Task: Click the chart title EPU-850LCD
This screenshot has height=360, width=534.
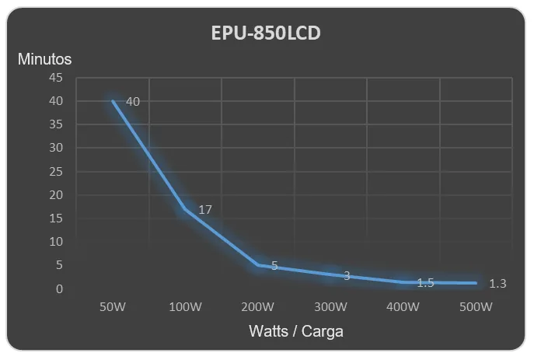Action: (x=266, y=33)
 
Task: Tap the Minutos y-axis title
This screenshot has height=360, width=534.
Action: (x=44, y=59)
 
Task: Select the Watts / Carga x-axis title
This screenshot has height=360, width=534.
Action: (x=296, y=331)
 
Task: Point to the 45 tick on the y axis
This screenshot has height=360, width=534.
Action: (x=56, y=77)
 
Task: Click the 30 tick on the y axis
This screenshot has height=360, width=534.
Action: (x=56, y=148)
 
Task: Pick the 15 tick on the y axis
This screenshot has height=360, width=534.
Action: (x=56, y=218)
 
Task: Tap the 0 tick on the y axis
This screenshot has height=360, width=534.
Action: (x=59, y=288)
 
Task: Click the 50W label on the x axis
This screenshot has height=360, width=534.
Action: (x=113, y=307)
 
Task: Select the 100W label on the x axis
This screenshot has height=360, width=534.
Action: (x=185, y=307)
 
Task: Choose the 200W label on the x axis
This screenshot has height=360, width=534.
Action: (x=258, y=307)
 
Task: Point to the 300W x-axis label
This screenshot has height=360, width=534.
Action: (x=330, y=307)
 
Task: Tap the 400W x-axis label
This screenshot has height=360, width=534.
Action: (x=403, y=307)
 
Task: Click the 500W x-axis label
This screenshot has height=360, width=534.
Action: (x=476, y=307)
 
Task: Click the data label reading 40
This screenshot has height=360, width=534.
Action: (x=133, y=102)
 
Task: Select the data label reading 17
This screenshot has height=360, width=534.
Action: (x=205, y=210)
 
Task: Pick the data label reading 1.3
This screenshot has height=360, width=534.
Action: (x=497, y=283)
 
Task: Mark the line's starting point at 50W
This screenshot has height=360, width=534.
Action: (x=113, y=101)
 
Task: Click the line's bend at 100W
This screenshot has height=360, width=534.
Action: (x=185, y=209)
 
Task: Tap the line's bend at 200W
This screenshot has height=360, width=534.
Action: (x=258, y=265)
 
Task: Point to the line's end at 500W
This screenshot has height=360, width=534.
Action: (x=476, y=283)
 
